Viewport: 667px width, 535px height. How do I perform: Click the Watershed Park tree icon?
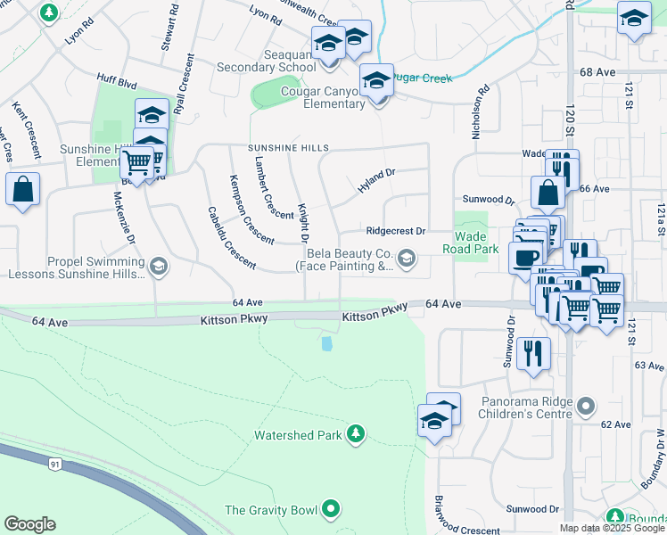tap(356, 434)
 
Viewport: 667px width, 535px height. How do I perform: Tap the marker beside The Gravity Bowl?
tap(332, 510)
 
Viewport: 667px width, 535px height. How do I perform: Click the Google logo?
tap(29, 524)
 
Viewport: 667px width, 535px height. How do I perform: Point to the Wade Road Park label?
tap(476, 243)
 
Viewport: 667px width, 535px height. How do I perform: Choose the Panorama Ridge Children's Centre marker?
tap(585, 407)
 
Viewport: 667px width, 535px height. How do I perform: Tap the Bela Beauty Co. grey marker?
tap(407, 259)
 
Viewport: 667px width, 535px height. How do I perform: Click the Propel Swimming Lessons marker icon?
tap(158, 267)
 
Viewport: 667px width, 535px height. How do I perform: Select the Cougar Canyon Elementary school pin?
tap(376, 81)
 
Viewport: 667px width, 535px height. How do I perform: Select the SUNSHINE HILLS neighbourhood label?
tap(289, 148)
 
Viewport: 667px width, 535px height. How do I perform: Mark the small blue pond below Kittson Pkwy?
tap(327, 342)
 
